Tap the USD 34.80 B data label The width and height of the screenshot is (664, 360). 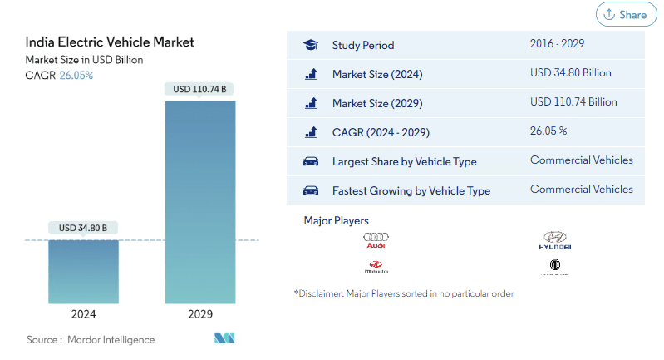pyautogui.click(x=83, y=228)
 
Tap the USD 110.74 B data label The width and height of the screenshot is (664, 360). pyautogui.click(x=199, y=89)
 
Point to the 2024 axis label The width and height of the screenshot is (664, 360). pyautogui.click(x=83, y=315)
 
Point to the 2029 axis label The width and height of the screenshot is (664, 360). pyautogui.click(x=199, y=315)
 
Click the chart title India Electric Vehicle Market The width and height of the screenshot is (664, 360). pyautogui.click(x=110, y=42)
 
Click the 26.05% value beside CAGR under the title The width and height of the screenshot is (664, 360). pyautogui.click(x=76, y=76)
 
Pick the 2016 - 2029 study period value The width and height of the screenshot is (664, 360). pyautogui.click(x=558, y=44)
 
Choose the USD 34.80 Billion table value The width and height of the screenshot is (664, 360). pyautogui.click(x=570, y=73)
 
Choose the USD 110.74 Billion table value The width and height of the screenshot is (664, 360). pyautogui.click(x=573, y=102)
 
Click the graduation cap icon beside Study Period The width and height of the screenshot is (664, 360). pyautogui.click(x=311, y=45)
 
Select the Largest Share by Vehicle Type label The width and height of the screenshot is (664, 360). pyautogui.click(x=404, y=161)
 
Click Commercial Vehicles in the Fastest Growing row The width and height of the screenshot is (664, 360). pyautogui.click(x=581, y=190)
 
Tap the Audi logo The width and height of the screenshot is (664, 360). pyautogui.click(x=376, y=240)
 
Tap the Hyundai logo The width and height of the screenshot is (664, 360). pyautogui.click(x=554, y=240)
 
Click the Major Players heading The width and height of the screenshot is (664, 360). pyautogui.click(x=337, y=220)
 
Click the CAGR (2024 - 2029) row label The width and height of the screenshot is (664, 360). pyautogui.click(x=381, y=132)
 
